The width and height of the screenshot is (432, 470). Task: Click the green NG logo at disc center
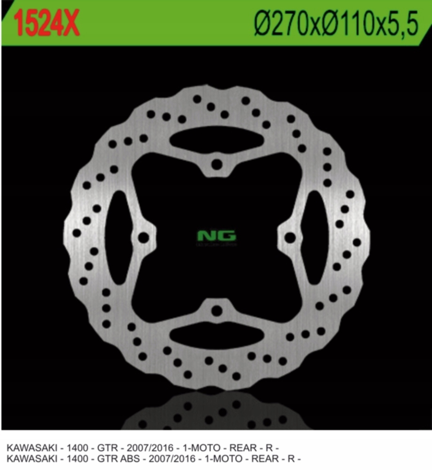(216, 236)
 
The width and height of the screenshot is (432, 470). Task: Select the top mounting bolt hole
(217, 164)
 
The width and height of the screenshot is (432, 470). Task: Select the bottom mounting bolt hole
(217, 310)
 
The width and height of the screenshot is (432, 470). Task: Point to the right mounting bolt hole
(290, 237)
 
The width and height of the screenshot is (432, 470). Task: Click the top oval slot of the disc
(216, 139)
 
